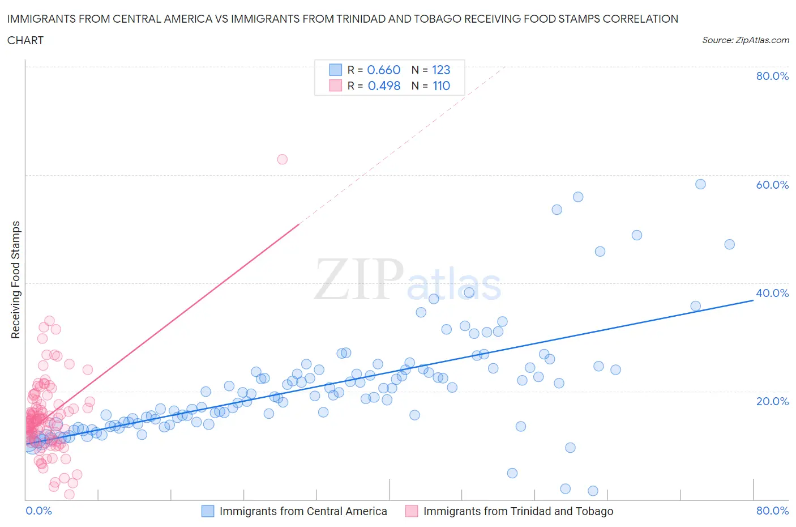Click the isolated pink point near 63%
click(x=283, y=159)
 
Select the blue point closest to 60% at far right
click(x=700, y=184)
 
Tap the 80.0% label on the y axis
click(x=772, y=76)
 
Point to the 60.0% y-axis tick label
click(x=772, y=185)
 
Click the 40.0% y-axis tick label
click(x=772, y=293)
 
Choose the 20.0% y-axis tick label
click(x=772, y=401)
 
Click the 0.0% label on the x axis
click(x=39, y=511)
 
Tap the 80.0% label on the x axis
click(x=772, y=511)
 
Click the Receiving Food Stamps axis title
click(x=16, y=279)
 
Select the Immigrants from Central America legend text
click(x=303, y=511)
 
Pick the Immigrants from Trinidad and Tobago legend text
click(x=518, y=511)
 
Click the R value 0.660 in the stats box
click(x=384, y=70)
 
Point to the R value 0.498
click(x=384, y=86)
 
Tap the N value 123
click(x=441, y=70)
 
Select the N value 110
click(x=441, y=86)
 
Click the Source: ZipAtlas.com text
click(x=745, y=40)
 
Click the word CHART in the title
click(x=25, y=40)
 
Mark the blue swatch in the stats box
click(x=336, y=70)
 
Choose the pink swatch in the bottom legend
click(x=412, y=511)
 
